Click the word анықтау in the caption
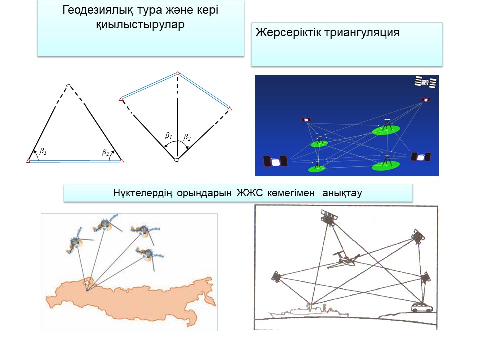click(x=342, y=193)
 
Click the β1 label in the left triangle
click(x=43, y=151)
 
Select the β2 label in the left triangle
click(x=105, y=152)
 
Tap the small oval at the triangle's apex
click(x=69, y=86)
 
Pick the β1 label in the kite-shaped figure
click(x=168, y=135)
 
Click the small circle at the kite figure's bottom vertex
click(x=177, y=160)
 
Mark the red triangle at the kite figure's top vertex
click(x=178, y=73)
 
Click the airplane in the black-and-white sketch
click(x=344, y=259)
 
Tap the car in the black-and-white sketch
click(x=422, y=307)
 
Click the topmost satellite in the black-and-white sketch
click(x=329, y=217)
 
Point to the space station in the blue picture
click(x=425, y=82)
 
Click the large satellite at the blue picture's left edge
click(x=275, y=161)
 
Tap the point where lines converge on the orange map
click(x=87, y=291)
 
